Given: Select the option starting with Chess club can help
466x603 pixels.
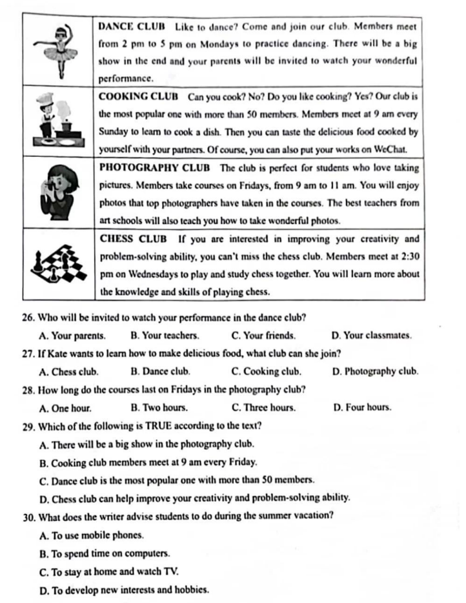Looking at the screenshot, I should point(194,498).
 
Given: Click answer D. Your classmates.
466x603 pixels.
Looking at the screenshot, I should point(371,336).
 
